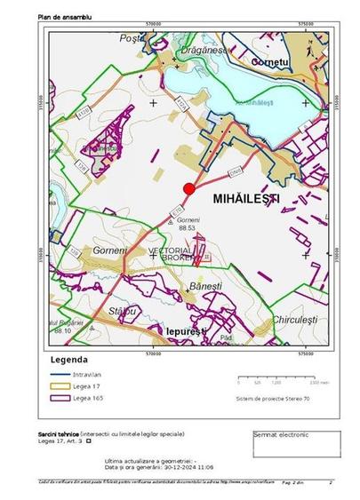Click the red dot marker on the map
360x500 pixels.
click(x=188, y=188)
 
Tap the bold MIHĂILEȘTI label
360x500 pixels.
click(x=247, y=201)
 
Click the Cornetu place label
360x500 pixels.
click(x=270, y=63)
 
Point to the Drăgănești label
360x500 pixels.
click(x=200, y=52)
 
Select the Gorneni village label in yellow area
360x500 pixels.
click(x=109, y=251)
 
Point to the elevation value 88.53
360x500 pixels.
click(x=186, y=228)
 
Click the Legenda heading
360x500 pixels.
click(x=68, y=361)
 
